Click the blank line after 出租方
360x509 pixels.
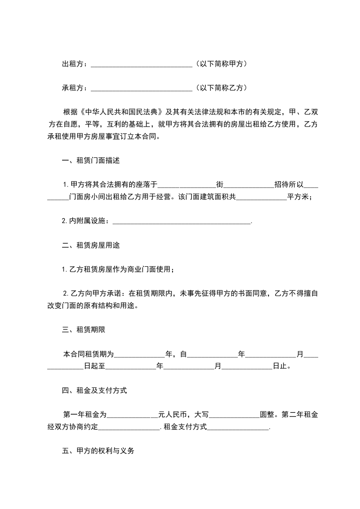coord(142,65)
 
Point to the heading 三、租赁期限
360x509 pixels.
coord(84,330)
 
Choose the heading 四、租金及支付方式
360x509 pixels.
coord(94,391)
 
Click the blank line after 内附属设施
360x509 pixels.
coord(181,221)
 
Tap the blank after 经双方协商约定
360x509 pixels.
coord(129,427)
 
